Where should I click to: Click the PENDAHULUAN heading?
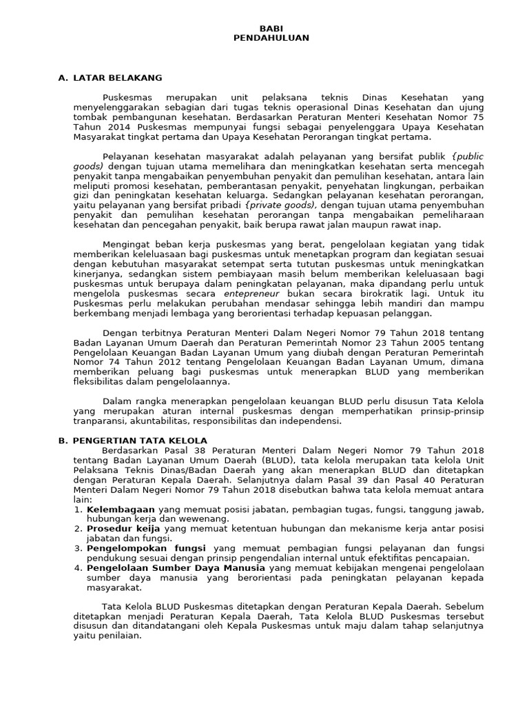pos(271,38)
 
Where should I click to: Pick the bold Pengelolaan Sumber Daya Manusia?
pos(165,567)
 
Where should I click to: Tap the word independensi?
pos(309,421)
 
